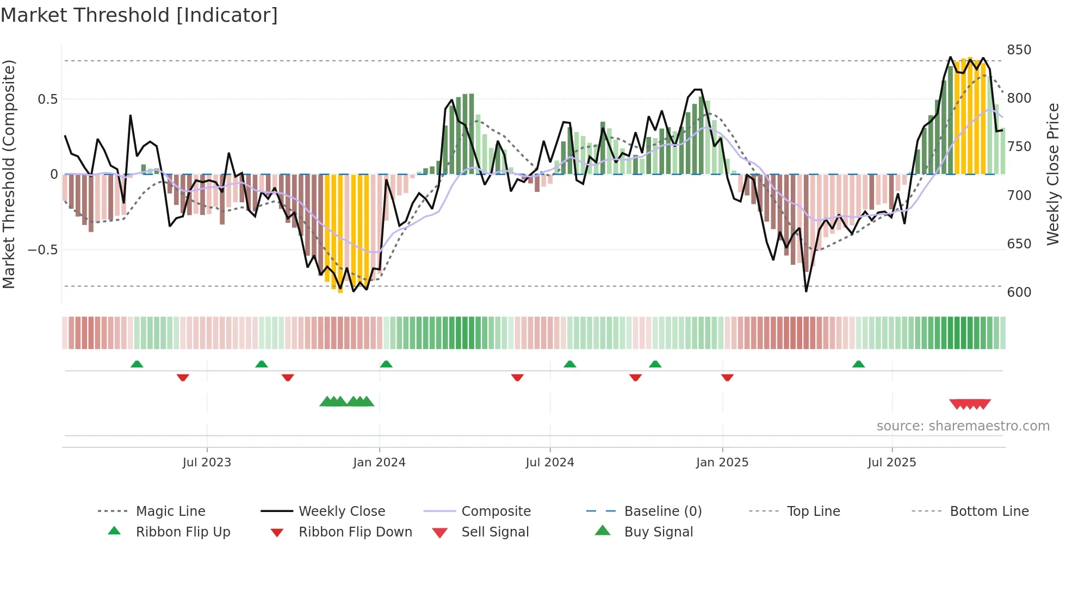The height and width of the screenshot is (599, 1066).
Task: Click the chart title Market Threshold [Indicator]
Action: coord(139,15)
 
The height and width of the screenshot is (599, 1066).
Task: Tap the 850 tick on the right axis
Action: coord(1019,50)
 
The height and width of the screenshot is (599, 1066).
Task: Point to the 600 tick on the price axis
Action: coord(1019,292)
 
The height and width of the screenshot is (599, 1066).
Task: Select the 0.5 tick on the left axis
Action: coord(47,99)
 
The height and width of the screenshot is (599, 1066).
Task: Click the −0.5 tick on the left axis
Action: coord(43,250)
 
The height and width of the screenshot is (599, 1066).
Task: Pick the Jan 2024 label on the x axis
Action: coord(379,463)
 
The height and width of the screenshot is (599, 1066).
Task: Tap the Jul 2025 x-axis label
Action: coord(891,463)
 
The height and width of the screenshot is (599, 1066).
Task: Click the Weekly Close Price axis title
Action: coord(1053,174)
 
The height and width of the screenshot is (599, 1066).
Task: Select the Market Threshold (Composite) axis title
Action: coord(9,174)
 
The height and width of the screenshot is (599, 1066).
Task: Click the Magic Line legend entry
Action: coord(170,511)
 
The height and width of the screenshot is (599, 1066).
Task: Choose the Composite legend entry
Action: coord(495,511)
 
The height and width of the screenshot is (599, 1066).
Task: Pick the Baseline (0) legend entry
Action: coord(662,511)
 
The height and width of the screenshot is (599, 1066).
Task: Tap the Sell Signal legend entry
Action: coord(494,532)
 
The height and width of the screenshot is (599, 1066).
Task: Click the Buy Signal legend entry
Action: coord(658,532)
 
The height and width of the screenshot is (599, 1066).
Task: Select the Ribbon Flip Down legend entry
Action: coord(355,532)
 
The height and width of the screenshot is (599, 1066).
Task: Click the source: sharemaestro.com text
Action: coord(963,426)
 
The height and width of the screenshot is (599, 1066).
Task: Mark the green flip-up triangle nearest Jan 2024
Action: coord(386,364)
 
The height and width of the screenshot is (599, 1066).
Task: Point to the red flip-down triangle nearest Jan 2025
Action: coord(727,377)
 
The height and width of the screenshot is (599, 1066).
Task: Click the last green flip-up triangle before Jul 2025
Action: coord(858,364)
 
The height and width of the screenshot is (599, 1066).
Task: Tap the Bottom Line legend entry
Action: coord(989,511)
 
